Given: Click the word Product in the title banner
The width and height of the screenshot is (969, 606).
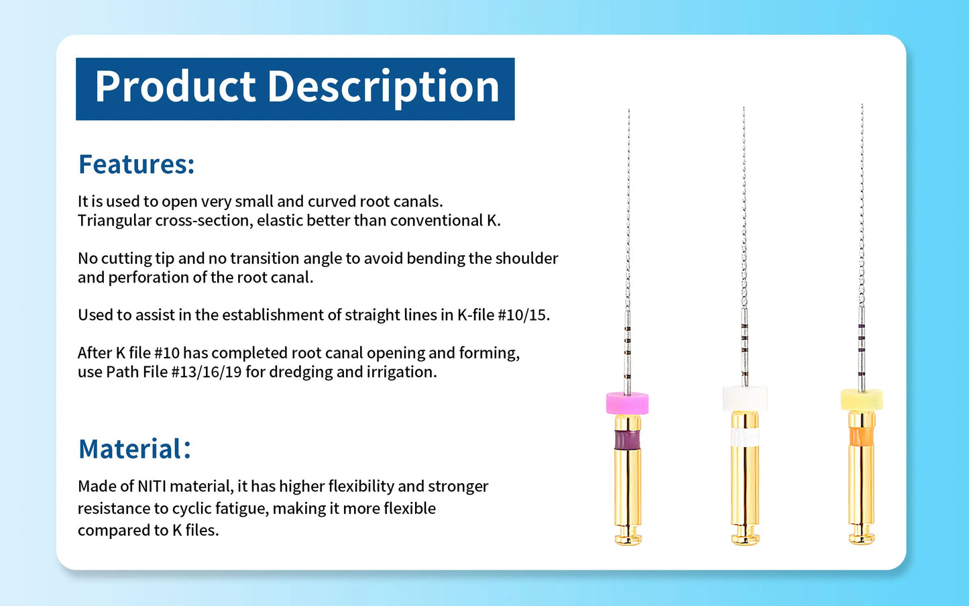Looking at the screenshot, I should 176,87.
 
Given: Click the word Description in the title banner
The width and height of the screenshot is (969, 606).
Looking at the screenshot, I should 384,87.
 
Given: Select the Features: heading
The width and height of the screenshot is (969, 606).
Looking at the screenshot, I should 137,164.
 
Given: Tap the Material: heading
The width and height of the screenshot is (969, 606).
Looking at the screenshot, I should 135,449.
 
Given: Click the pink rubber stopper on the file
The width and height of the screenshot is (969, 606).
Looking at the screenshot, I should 627,403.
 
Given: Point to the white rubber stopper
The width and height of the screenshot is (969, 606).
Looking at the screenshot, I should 744,399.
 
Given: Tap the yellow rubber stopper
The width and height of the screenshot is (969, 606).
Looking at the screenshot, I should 862,400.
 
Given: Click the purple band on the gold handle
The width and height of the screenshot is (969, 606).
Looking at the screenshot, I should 627,440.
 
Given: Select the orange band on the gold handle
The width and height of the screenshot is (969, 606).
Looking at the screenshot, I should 862,437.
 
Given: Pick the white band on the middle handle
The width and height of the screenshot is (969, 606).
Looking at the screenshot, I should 744,438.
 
